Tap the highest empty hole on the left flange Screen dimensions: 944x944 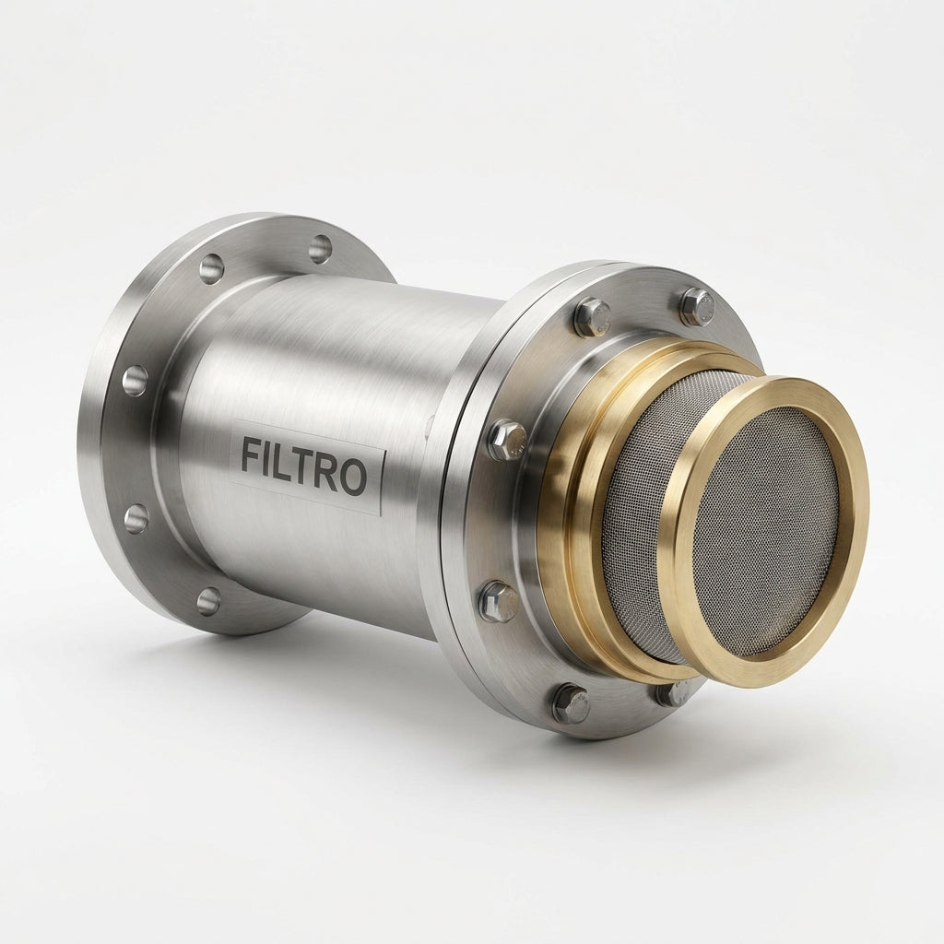[320, 249]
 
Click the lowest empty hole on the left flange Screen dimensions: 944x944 [208, 600]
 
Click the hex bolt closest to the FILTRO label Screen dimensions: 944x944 [507, 439]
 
